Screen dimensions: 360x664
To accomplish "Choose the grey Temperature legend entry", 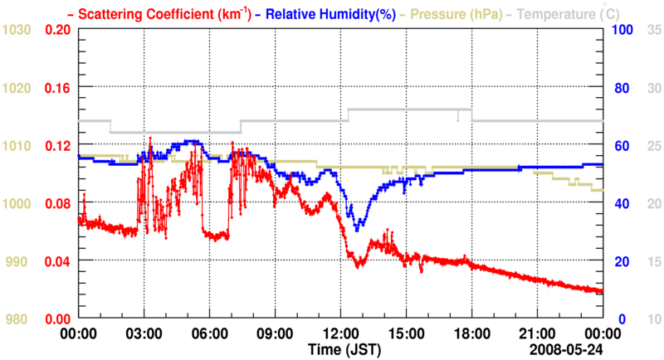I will point(572,13).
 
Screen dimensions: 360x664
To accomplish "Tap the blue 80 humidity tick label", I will point(621,87).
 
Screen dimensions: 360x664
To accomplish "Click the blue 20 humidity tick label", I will point(621,261).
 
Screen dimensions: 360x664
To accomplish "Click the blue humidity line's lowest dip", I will point(357,230).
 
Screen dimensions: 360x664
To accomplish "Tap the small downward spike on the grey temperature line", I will point(457,119).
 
